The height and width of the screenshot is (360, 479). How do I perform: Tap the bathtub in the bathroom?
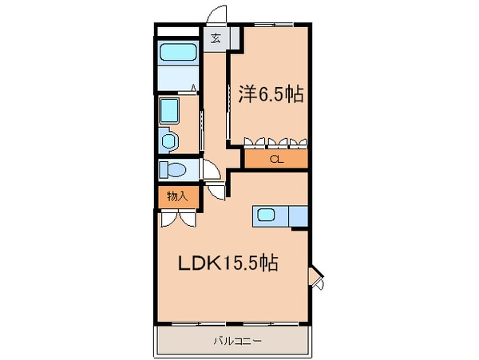[x=178, y=53]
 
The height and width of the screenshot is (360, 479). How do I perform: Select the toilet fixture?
[x=172, y=169]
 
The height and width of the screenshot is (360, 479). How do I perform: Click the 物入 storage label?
[x=177, y=196]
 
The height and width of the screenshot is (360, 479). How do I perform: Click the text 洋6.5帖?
[x=271, y=94]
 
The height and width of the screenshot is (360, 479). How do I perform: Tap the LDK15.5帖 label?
[x=227, y=264]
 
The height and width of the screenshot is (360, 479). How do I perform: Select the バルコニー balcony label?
[x=233, y=341]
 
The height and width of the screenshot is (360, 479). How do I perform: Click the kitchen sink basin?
[x=265, y=216]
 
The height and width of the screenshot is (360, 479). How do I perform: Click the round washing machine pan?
[x=168, y=141]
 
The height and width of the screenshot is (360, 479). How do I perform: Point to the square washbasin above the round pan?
[x=169, y=111]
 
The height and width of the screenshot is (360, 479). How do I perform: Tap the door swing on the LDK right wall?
[x=316, y=276]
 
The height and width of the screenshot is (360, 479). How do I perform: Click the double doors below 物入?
[x=177, y=219]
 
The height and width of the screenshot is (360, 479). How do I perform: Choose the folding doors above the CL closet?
[x=275, y=143]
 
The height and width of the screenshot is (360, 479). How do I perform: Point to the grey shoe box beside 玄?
[x=235, y=38]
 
